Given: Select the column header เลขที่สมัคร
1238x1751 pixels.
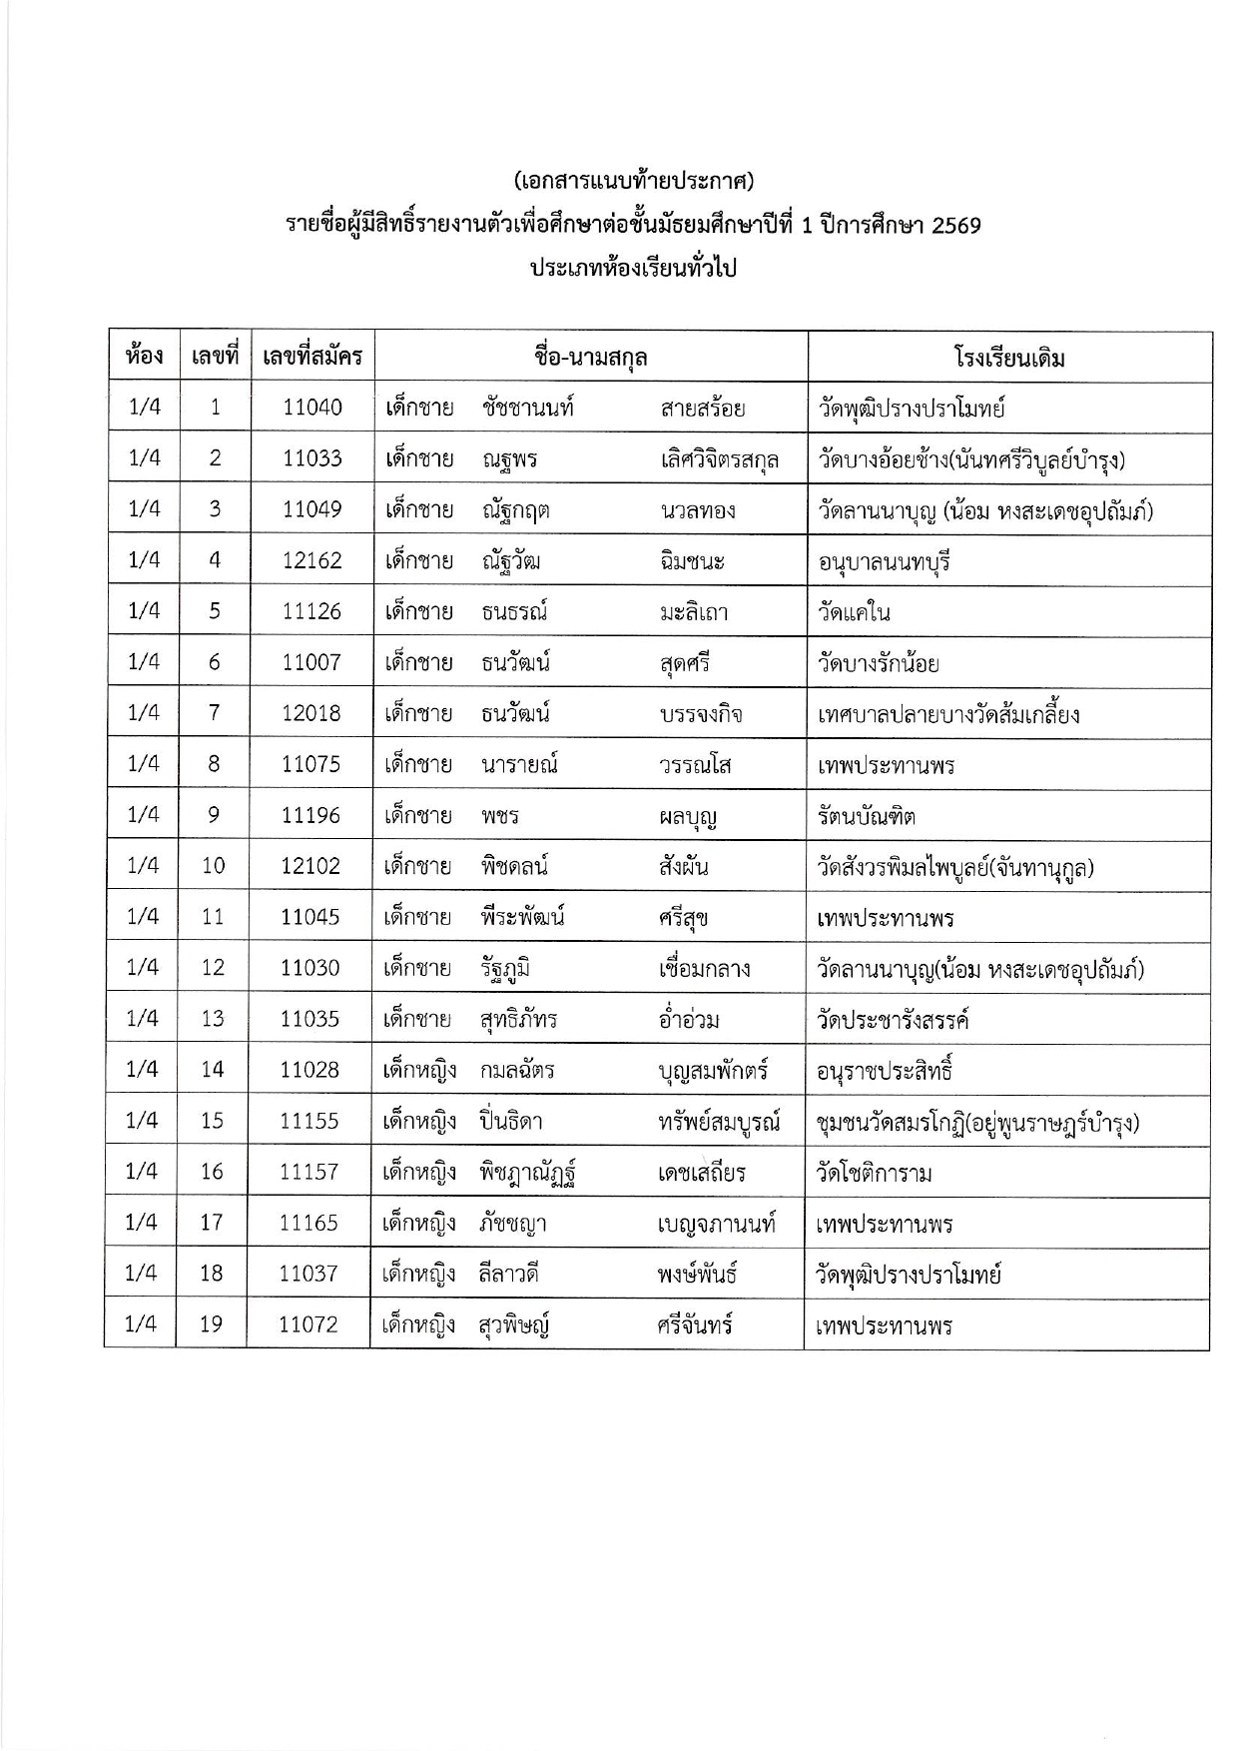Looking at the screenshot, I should point(311,356).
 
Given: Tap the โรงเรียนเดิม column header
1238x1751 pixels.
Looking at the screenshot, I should point(1009,358).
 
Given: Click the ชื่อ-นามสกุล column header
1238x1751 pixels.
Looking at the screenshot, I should point(591,357).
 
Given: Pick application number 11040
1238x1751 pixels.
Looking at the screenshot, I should point(311,407).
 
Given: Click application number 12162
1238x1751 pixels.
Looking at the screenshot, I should point(311,560).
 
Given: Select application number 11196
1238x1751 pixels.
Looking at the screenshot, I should point(310,815).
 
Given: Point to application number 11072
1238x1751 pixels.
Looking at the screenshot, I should point(309,1324).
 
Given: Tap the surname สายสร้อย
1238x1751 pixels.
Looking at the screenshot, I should point(703,409).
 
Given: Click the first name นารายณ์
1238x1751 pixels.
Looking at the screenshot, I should point(518,765).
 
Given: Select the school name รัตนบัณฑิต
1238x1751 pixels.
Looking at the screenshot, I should point(866,816).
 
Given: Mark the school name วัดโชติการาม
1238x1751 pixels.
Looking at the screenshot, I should point(874,1173).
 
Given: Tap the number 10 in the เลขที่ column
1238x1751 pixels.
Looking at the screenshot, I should point(213,865).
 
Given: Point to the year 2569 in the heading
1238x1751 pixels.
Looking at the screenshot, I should point(955,226).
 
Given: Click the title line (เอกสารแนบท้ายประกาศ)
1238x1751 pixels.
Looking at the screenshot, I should point(633,181).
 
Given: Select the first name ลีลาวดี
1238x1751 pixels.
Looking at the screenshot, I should point(509,1275).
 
